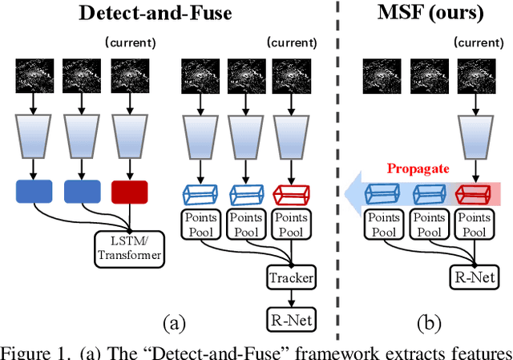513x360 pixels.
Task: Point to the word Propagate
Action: (417, 170)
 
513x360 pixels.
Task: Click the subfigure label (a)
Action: (175, 323)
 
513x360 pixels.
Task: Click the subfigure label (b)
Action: (430, 323)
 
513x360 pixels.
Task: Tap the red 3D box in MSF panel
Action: (473, 193)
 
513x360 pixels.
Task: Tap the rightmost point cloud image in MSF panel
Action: (473, 77)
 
